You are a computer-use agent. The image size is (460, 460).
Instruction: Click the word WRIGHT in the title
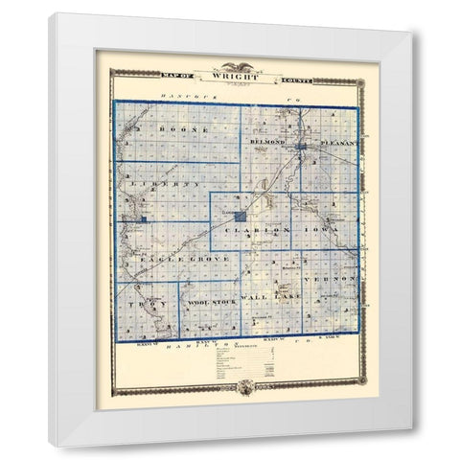coord(230,71)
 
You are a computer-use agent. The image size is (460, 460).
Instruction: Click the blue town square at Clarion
coord(238,220)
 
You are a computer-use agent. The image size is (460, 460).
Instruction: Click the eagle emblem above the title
coord(230,58)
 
